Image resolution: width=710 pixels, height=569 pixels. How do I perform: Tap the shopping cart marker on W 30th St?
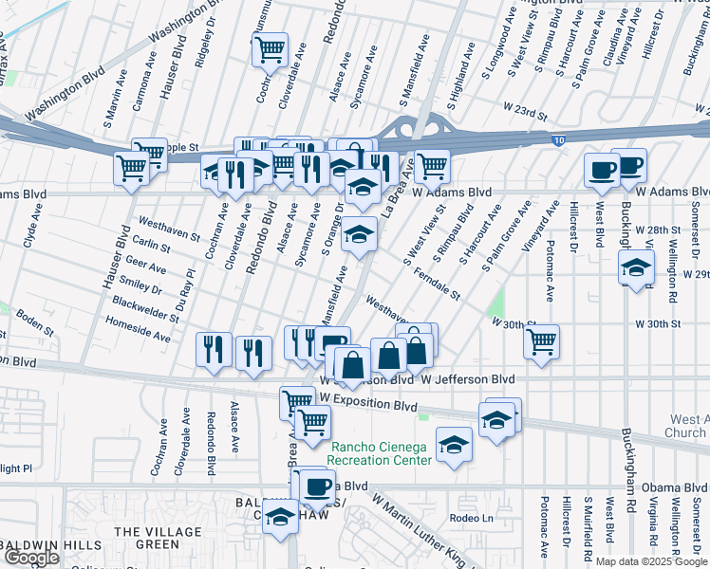click(x=541, y=342)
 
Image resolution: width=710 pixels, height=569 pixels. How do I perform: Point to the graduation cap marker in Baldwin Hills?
click(x=280, y=519)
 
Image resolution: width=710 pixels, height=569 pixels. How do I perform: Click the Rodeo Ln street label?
click(x=473, y=518)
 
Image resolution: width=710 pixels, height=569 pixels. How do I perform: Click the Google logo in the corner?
click(x=31, y=558)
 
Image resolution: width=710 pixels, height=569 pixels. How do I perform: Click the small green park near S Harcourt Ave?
click(x=494, y=305)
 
